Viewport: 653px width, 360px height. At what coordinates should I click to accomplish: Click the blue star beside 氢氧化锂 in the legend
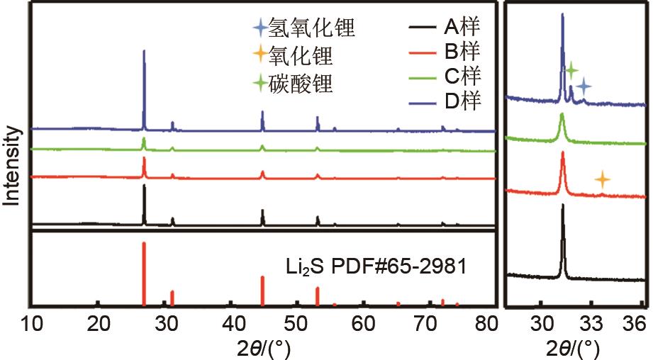[x=261, y=30]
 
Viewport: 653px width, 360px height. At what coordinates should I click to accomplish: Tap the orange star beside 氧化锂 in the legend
[x=261, y=54]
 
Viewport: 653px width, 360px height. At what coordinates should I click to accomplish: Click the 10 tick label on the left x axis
[x=32, y=325]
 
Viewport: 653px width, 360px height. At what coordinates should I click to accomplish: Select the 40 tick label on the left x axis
[x=232, y=325]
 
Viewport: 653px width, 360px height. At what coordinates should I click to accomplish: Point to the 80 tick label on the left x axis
[x=486, y=325]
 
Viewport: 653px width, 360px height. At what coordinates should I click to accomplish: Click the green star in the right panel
[x=571, y=69]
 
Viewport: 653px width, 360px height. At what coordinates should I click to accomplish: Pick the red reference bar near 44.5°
[x=262, y=291]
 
